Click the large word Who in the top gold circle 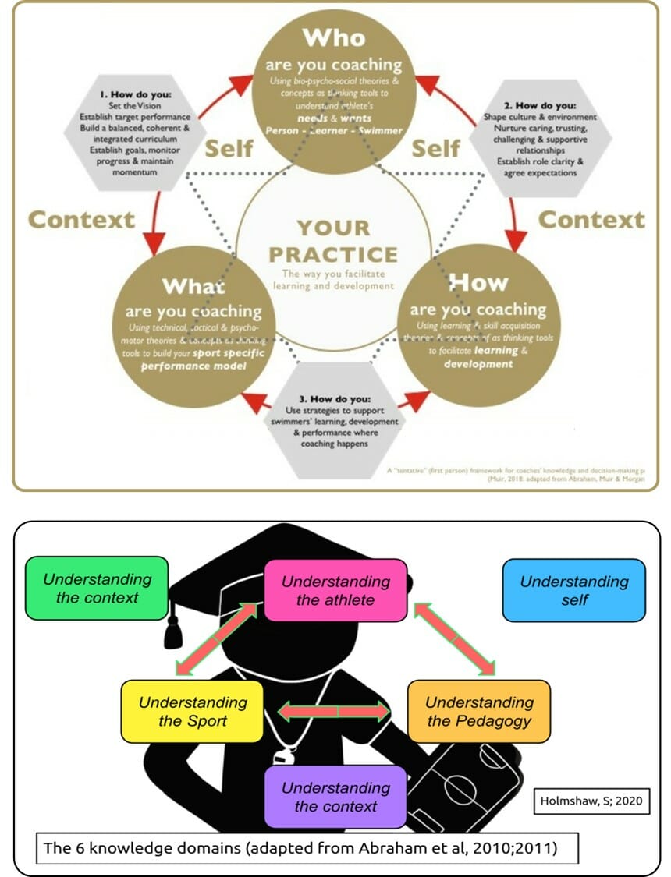click(334, 37)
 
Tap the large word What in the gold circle click(193, 286)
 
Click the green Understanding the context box click(97, 589)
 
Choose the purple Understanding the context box click(335, 797)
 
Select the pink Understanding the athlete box click(335, 590)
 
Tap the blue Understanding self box click(574, 590)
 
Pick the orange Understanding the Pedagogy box click(479, 711)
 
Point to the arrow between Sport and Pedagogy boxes click(335, 711)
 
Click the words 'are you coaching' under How click(478, 309)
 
